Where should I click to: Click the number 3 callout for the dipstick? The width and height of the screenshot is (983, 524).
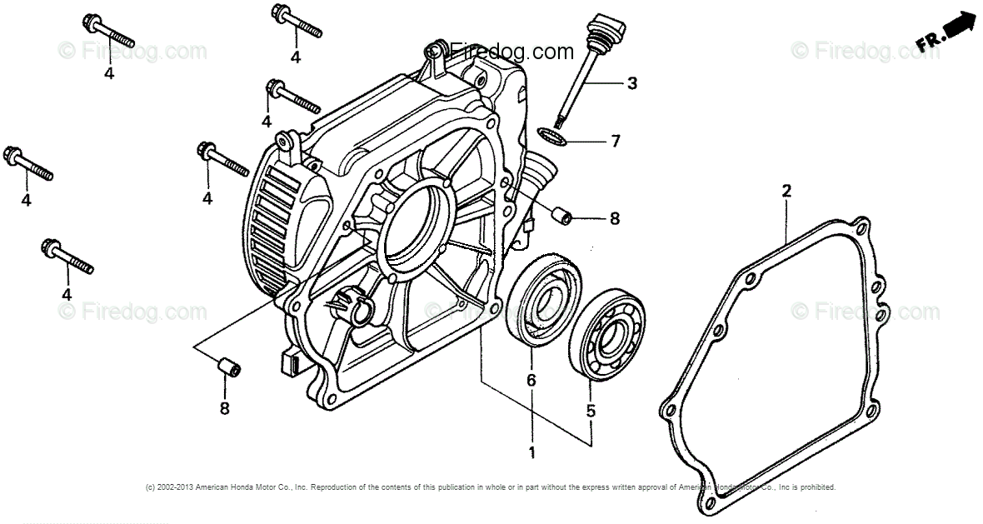point(632,83)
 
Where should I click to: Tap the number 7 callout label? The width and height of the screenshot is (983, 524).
point(616,141)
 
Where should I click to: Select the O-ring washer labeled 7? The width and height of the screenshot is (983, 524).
point(551,134)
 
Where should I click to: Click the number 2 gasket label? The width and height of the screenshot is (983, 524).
point(786,192)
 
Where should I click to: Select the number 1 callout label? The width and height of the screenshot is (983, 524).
point(531,452)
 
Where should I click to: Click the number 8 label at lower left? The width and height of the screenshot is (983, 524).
point(223,407)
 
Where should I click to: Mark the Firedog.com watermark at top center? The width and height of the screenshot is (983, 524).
point(500,52)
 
